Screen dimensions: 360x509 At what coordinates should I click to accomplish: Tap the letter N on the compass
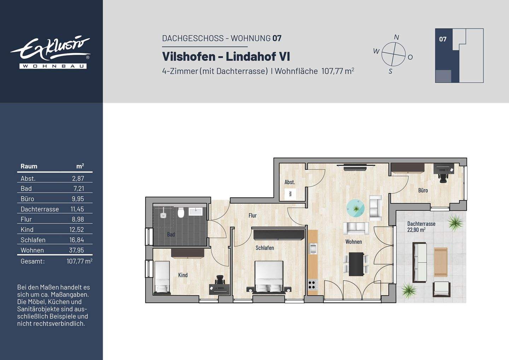[x=397, y=37]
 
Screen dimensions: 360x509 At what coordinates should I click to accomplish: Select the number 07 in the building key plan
[x=443, y=39]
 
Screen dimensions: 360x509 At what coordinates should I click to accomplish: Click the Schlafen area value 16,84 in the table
[x=77, y=240]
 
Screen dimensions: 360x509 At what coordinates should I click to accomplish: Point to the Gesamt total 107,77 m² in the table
[x=79, y=261]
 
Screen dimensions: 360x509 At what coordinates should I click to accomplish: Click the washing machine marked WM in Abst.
[x=291, y=194]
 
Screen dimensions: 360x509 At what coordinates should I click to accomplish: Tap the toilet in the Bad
[x=181, y=213]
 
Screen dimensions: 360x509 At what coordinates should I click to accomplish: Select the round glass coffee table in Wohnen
[x=355, y=208]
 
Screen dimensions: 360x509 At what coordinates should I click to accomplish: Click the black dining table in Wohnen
[x=356, y=264]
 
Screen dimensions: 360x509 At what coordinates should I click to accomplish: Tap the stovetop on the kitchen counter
[x=313, y=285]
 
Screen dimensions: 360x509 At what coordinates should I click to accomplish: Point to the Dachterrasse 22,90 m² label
[x=421, y=226]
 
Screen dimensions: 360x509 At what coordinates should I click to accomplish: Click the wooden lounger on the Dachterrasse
[x=440, y=262]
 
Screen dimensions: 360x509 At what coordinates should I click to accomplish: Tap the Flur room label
[x=252, y=215]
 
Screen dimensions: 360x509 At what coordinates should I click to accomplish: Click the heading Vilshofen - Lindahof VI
[x=226, y=57]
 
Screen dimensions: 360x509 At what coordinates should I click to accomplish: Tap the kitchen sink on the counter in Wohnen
[x=313, y=249]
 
